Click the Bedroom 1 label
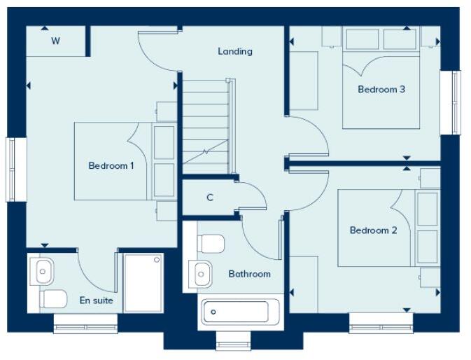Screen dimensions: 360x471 [x=111, y=165]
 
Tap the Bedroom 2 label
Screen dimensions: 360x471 [x=373, y=230]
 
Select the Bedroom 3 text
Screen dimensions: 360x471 [x=381, y=90]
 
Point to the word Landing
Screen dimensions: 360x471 [x=234, y=51]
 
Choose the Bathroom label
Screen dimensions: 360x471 [x=249, y=274]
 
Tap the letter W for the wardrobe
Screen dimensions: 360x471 [x=55, y=41]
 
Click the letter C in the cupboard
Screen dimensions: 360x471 [x=209, y=198]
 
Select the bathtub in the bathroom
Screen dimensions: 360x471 [x=240, y=311]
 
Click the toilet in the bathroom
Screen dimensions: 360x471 [x=211, y=244]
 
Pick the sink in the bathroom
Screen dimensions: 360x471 [x=201, y=272]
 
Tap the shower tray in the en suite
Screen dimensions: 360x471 [x=143, y=282]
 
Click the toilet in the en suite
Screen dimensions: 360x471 [x=53, y=299]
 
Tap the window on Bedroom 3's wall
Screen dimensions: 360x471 [x=455, y=103]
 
